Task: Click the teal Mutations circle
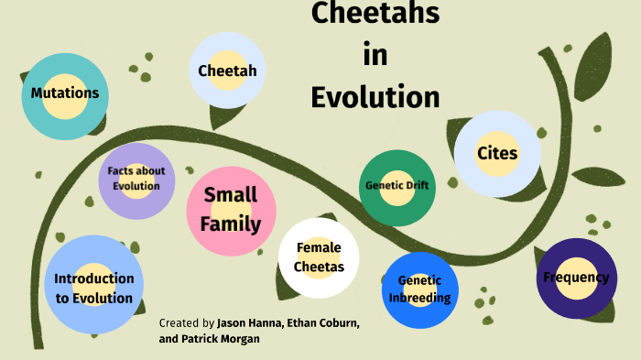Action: click(x=64, y=93)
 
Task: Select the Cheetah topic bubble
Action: click(x=227, y=71)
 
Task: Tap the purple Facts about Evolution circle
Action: click(x=136, y=180)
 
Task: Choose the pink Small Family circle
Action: click(x=231, y=210)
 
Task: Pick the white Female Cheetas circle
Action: click(x=319, y=257)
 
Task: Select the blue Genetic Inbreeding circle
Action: click(x=419, y=289)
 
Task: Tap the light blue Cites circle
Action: click(x=497, y=154)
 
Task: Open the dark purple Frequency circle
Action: click(x=576, y=278)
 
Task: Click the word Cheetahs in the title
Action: click(x=375, y=14)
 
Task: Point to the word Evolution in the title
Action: click(x=375, y=96)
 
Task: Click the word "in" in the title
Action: click(x=375, y=55)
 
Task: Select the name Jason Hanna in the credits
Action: click(x=250, y=323)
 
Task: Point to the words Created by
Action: click(x=187, y=323)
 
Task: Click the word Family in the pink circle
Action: click(x=231, y=224)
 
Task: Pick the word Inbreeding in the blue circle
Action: click(x=419, y=298)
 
